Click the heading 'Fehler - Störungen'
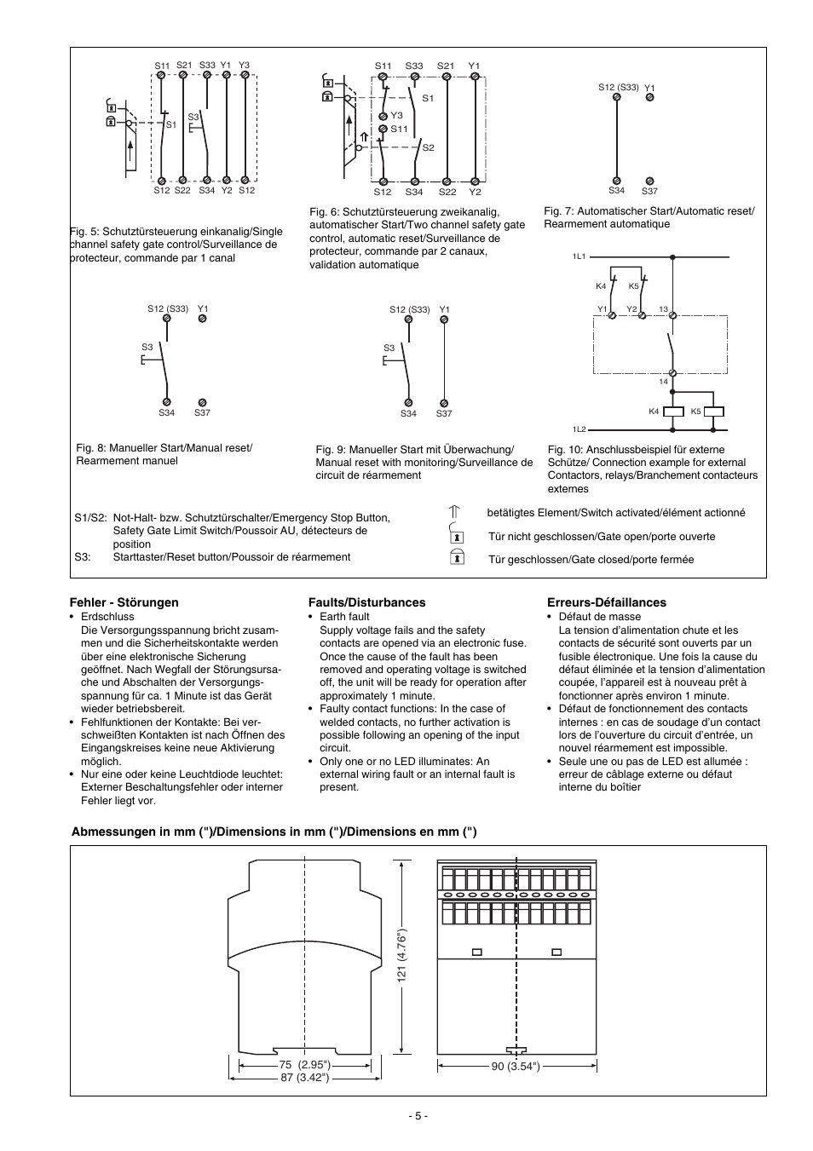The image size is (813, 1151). click(x=124, y=602)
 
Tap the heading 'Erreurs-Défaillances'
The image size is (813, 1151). click(x=606, y=602)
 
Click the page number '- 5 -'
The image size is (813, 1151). click(x=418, y=1116)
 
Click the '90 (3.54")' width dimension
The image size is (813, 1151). click(x=516, y=1066)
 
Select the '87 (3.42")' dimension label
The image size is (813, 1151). click(x=305, y=1078)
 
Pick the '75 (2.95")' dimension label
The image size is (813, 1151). click(x=304, y=1065)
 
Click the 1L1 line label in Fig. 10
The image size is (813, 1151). click(x=579, y=256)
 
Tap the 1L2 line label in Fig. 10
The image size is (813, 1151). click(x=579, y=430)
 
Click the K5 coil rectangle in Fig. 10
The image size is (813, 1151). click(x=713, y=411)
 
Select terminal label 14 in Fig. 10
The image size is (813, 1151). click(x=663, y=382)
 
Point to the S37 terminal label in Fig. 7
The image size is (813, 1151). click(x=649, y=192)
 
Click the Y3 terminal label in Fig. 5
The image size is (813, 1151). click(x=245, y=65)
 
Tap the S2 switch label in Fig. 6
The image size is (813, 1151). click(x=429, y=148)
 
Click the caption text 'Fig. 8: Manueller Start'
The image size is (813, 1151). click(x=164, y=448)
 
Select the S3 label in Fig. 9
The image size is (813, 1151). click(x=389, y=348)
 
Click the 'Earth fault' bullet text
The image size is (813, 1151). click(x=344, y=617)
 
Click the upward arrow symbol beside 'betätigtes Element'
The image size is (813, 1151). click(x=455, y=513)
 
